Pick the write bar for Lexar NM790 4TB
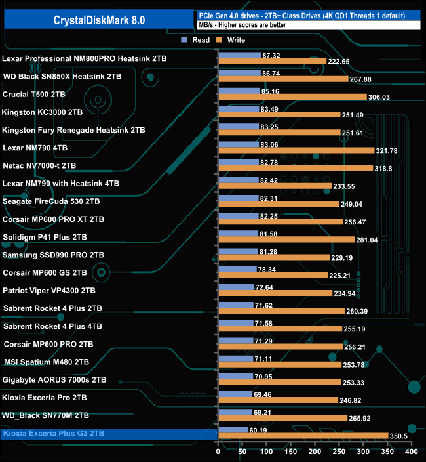(296, 150)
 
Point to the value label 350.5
(400, 436)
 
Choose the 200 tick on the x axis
(315, 451)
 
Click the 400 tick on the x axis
(411, 451)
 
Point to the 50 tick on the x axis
(242, 451)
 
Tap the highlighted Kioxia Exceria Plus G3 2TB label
(54, 433)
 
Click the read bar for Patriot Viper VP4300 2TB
(235, 287)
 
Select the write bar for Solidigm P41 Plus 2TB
(286, 240)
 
